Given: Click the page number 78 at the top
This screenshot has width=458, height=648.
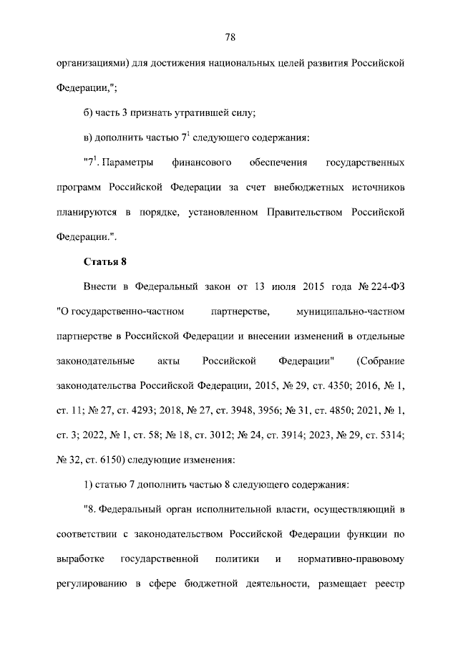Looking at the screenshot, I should click(230, 37).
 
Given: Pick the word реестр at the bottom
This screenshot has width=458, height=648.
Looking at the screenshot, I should click(389, 582).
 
